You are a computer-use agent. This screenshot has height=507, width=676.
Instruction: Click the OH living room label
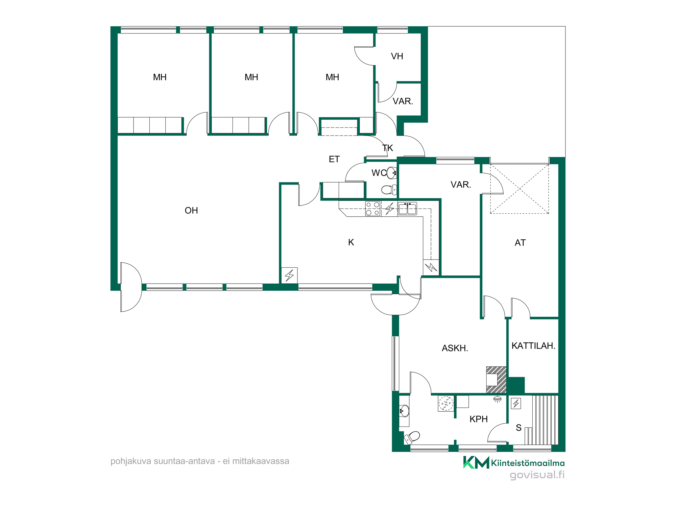coord(191,211)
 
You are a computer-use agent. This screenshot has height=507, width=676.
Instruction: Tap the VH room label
coord(397,56)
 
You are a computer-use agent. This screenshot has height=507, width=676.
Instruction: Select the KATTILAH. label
coord(533,346)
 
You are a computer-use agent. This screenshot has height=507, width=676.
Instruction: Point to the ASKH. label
coord(455,348)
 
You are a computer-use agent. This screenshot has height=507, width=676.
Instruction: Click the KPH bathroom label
coord(479,419)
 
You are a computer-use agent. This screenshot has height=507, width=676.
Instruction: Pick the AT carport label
coord(520,243)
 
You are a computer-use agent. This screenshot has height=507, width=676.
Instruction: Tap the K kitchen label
coord(351,242)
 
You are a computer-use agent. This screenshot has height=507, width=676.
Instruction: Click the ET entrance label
coord(334,159)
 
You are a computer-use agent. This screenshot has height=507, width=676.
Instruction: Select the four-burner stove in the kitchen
coord(373,209)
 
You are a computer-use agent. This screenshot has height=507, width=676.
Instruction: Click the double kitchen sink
coord(407,209)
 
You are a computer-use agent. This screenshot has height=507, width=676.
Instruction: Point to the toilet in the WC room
coord(389,190)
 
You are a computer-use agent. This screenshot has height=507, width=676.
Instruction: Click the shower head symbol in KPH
coord(497,400)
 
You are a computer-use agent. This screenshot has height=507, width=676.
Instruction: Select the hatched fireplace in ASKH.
coord(496,380)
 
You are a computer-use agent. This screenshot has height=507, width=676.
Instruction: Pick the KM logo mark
coord(476,462)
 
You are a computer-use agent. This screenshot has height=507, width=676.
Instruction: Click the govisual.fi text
coord(537,475)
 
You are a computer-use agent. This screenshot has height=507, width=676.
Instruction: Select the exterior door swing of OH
coord(131,287)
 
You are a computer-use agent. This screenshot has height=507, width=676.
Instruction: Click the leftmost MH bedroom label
coord(160,77)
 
